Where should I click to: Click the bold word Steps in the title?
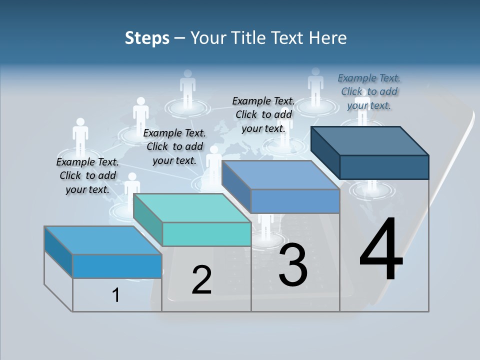[x=147, y=38]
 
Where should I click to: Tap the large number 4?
[x=381, y=250]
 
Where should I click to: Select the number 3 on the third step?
[x=293, y=265]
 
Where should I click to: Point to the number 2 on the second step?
[x=201, y=280]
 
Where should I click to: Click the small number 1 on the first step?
[x=116, y=295]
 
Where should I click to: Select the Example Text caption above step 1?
[x=87, y=175]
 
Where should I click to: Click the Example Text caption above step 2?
[x=174, y=146]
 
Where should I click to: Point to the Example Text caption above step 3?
[x=263, y=114]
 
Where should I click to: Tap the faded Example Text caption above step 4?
[x=369, y=91]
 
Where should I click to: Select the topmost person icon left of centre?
[x=187, y=87]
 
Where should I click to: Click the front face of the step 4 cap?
[x=384, y=167]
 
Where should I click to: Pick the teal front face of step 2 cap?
[x=206, y=234]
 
